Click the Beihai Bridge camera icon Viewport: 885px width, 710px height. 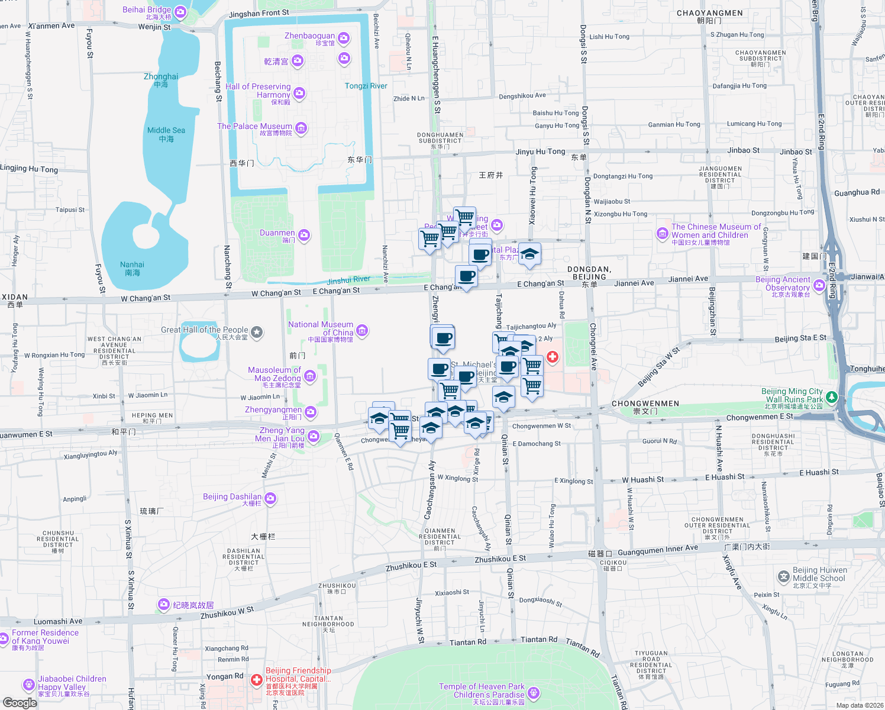pos(180,11)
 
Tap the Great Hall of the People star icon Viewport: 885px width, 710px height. pos(257,333)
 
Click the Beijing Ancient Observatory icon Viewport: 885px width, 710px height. pos(819,286)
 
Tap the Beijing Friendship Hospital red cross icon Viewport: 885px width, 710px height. pos(257,680)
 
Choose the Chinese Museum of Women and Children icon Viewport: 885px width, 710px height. pos(663,234)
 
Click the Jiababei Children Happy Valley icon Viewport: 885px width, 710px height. pos(28,685)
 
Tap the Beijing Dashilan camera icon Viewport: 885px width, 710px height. pos(270,498)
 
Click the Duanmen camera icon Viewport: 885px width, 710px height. pos(303,235)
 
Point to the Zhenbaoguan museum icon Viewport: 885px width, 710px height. pos(344,38)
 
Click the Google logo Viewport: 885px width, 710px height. pos(20,702)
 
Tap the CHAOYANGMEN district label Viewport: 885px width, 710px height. pos(709,13)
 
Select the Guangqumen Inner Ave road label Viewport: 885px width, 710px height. pos(658,551)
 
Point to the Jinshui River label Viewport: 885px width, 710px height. pos(348,280)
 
